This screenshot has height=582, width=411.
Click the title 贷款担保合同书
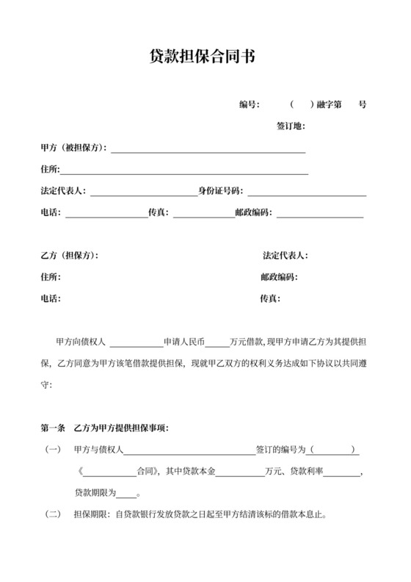tap(205, 57)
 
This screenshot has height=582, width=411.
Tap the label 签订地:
tap(290, 126)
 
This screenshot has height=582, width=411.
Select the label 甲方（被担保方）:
tap(74, 148)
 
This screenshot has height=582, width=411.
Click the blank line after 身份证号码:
tap(307, 193)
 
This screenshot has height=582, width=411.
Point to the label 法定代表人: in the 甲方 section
tap(64, 193)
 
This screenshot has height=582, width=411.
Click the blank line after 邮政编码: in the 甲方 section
tap(320, 214)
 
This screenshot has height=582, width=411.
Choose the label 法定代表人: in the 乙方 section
tap(285, 256)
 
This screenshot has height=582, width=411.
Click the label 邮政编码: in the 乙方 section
tap(279, 278)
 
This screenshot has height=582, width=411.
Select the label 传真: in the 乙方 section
tap(271, 299)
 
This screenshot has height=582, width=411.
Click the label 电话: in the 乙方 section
tap(51, 299)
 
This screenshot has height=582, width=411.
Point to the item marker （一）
tap(53, 450)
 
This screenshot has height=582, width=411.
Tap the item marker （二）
tap(53, 514)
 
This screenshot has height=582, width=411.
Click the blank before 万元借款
tap(217, 343)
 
